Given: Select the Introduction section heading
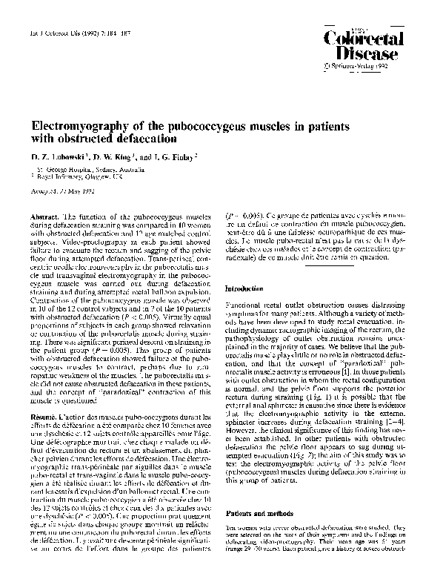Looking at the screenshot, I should [249, 288].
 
